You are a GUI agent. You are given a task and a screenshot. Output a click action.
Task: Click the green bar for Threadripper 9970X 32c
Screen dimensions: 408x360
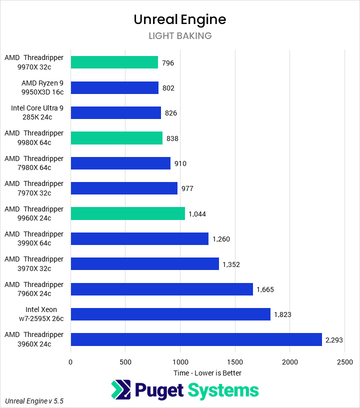tap(114, 62)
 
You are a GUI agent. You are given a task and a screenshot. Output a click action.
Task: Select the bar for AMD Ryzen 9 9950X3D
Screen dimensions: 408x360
tap(114, 87)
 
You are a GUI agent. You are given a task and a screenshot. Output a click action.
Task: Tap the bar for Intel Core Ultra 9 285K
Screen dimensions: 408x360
tap(115, 113)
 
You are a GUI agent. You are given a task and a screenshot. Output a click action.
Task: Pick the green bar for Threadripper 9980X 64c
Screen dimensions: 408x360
tap(116, 138)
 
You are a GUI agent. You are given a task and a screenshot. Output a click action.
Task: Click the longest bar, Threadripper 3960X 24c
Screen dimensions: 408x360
tap(196, 339)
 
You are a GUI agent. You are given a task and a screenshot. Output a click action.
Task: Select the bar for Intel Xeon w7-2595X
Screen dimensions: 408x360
tap(170, 314)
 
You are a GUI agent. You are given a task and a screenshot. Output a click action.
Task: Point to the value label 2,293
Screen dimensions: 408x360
tap(335, 340)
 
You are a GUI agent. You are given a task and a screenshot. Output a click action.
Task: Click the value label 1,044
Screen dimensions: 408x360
tap(197, 214)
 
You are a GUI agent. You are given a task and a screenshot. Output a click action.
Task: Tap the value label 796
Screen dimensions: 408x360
tap(168, 63)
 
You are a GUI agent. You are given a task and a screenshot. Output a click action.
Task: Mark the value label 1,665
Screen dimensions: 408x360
tap(265, 289)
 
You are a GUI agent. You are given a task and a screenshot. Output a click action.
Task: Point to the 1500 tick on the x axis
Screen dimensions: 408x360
tap(235, 361)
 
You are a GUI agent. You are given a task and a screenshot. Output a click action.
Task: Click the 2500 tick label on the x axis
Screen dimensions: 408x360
tap(344, 361)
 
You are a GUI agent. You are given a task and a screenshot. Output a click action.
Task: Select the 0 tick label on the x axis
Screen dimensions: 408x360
tap(70, 361)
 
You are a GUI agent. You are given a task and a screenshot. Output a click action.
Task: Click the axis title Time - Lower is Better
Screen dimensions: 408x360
tap(207, 373)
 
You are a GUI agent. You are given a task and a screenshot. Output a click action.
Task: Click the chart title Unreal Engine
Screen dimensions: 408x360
tap(180, 19)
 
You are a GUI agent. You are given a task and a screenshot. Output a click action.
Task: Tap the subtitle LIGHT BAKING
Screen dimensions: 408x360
tap(180, 36)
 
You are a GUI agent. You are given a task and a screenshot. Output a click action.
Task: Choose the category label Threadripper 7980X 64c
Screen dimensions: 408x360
tap(34, 163)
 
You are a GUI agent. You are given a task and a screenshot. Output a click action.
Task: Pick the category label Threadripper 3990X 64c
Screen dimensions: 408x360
tap(34, 238)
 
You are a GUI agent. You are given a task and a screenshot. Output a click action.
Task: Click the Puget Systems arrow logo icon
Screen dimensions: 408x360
tap(120, 390)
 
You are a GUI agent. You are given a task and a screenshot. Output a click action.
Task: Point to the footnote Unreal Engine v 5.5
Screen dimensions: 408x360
tap(34, 401)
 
